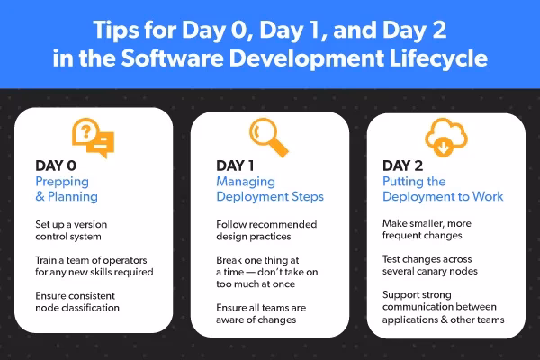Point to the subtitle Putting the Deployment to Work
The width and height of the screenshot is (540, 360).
[x=438, y=188]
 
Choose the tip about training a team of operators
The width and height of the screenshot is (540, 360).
[x=94, y=265]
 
